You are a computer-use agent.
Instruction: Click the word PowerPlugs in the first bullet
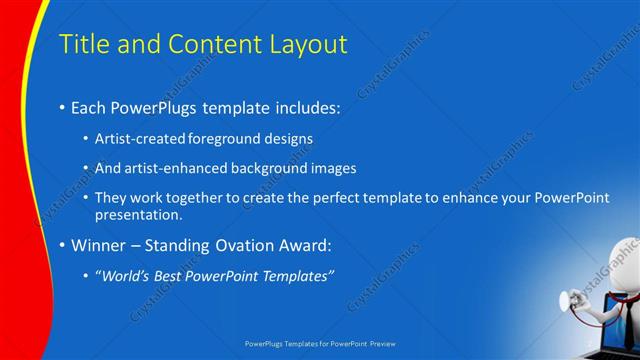coord(155,105)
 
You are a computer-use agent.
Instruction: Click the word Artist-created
coord(135,138)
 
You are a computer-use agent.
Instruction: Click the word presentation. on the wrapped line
coord(139,214)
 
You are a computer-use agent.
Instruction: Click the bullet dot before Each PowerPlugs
coord(62,106)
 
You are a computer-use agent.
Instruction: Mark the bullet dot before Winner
coord(62,245)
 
